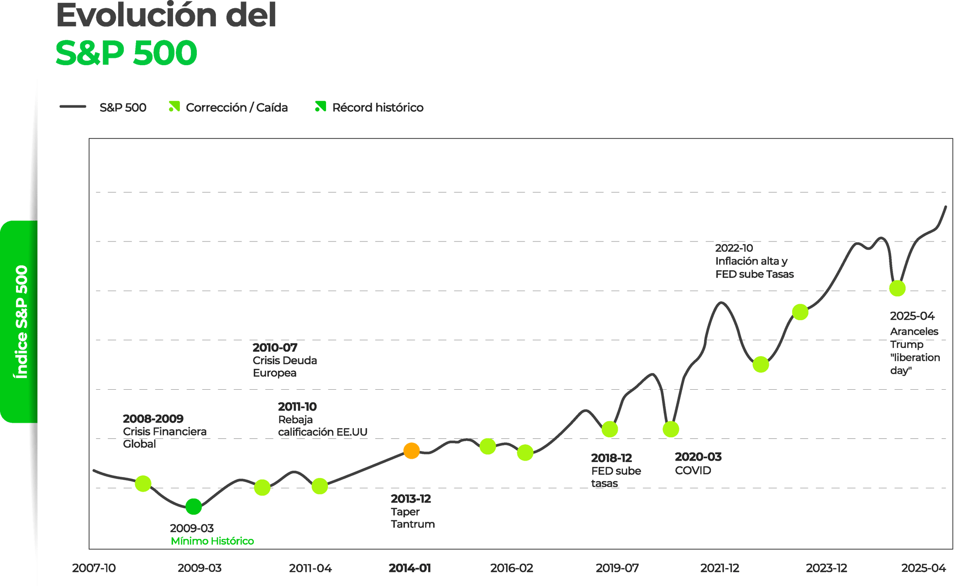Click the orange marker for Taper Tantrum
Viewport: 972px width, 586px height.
[412, 451]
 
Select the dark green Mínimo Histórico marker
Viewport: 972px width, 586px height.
[193, 507]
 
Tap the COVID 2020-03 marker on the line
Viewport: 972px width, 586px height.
[671, 429]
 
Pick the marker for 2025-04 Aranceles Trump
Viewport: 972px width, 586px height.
[897, 288]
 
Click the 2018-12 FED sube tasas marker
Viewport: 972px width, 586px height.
[609, 429]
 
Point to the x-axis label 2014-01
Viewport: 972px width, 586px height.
[410, 568]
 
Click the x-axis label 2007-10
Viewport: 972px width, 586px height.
[94, 568]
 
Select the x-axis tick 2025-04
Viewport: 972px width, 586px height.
[923, 568]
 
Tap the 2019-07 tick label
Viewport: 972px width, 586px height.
[617, 568]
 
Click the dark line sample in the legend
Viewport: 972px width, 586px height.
[73, 106]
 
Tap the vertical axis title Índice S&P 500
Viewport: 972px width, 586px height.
[21, 322]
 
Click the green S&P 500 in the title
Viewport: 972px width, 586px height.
[126, 53]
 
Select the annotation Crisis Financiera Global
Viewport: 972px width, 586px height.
[165, 438]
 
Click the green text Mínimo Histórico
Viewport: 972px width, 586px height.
[212, 541]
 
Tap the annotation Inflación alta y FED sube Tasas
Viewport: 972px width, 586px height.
[754, 268]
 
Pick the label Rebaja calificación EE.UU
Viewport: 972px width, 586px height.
[323, 426]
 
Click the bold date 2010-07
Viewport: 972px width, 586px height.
[275, 347]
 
